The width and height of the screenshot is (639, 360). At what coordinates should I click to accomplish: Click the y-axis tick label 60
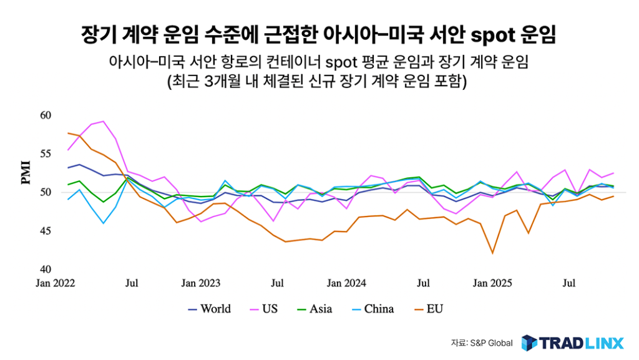44,115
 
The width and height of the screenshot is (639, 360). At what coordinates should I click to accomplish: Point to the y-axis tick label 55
44,153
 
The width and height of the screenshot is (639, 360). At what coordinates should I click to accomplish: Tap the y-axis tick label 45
44,231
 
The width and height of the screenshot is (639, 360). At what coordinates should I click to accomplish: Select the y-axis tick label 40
44,270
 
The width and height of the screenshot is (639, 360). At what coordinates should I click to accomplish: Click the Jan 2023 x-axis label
201,283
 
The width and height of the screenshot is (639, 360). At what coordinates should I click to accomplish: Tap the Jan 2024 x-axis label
347,283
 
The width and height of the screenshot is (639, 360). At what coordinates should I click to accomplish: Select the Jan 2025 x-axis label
492,283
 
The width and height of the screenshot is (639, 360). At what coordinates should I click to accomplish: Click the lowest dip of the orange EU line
492,253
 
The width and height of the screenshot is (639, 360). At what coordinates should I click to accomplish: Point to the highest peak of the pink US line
104,121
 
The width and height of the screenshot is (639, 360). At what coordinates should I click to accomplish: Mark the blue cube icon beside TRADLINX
529,343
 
